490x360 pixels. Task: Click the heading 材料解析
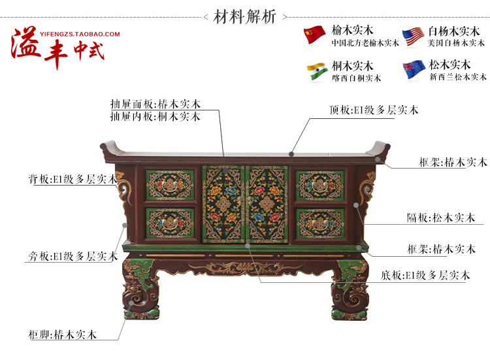point(244,16)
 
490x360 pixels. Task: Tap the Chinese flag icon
point(314,35)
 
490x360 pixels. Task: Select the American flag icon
point(413,36)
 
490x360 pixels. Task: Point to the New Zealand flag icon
point(413,70)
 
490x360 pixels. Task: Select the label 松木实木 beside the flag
point(449,65)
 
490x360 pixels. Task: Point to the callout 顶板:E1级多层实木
point(374,110)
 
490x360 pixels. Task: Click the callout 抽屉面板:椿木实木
point(155,104)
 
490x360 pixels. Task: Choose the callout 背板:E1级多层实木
point(72,179)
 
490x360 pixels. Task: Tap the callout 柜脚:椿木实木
point(63,335)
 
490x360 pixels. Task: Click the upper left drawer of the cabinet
point(170,185)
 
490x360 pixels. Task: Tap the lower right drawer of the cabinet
point(319,223)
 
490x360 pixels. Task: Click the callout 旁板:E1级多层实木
point(72,257)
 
